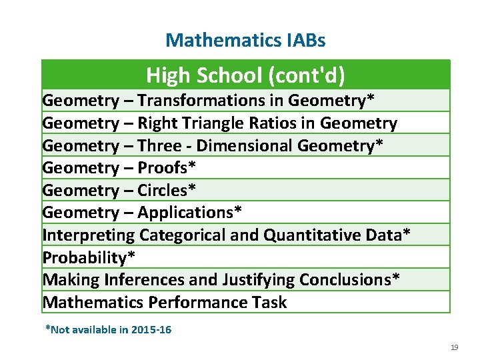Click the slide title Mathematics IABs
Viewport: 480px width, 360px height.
pos(245,40)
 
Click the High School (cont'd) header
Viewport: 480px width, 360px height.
pos(245,75)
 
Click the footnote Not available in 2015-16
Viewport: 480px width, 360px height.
pos(108,329)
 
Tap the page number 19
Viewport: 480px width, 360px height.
pos(455,348)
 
